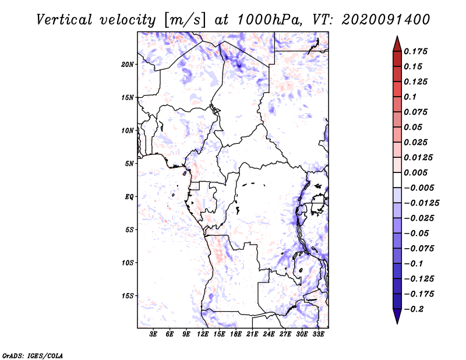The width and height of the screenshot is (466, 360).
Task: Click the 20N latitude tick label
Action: click(128, 64)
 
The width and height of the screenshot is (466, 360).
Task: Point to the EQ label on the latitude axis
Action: click(129, 197)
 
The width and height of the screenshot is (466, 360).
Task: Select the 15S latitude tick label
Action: click(128, 296)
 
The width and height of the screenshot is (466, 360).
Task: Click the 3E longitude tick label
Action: click(154, 335)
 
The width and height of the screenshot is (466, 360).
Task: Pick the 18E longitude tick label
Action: click(236, 335)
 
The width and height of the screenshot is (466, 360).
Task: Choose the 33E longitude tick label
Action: click(318, 335)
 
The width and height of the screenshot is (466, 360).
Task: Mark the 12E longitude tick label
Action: click(203, 335)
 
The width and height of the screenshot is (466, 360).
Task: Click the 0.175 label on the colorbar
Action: click(416, 51)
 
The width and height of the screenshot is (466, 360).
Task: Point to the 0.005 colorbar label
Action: click(416, 172)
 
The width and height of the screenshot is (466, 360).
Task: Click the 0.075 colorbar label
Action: click(416, 112)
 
